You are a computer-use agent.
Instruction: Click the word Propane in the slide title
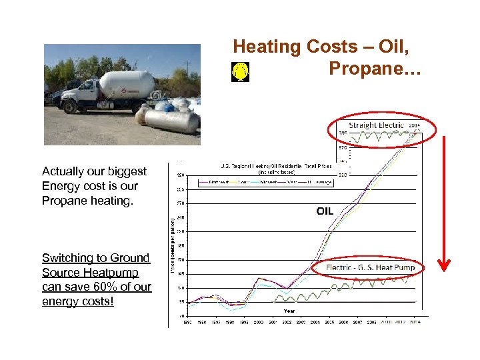click(x=375, y=68)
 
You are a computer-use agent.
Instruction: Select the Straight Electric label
click(x=376, y=125)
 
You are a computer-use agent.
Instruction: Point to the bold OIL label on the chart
click(x=325, y=211)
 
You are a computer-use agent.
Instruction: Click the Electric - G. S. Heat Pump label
click(x=371, y=267)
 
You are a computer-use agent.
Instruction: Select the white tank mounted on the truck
click(x=127, y=84)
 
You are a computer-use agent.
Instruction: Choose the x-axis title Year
click(x=289, y=311)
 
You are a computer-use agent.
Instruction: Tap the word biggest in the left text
click(x=127, y=171)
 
